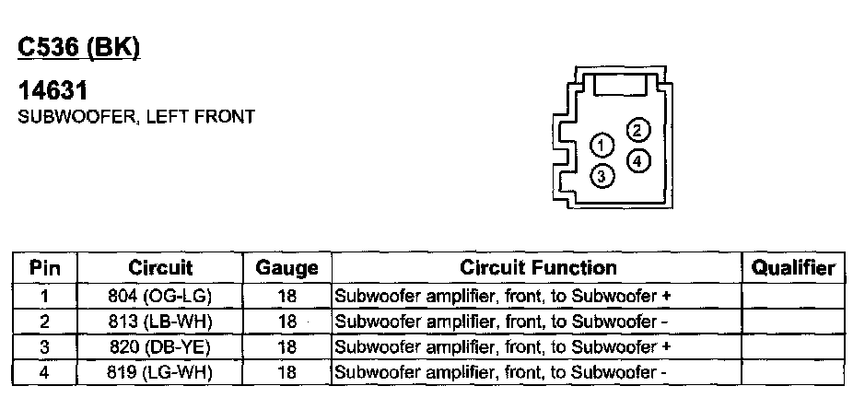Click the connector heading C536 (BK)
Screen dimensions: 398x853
point(78,47)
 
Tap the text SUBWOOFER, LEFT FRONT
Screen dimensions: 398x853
point(136,117)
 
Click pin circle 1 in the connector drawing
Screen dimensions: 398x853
point(602,146)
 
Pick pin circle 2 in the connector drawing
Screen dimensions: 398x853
point(639,130)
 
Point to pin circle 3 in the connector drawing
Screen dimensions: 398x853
point(602,175)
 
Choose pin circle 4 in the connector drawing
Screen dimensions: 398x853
point(638,160)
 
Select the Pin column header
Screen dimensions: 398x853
point(45,268)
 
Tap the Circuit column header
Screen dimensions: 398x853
point(160,268)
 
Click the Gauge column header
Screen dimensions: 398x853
point(286,268)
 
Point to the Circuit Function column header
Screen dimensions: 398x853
point(538,268)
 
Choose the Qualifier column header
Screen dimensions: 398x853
point(793,268)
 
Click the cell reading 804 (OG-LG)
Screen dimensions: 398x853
point(160,296)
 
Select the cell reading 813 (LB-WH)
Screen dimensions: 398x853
point(160,322)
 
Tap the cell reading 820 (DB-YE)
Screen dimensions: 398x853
point(160,347)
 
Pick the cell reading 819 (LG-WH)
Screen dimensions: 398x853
point(160,372)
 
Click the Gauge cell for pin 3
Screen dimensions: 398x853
point(286,347)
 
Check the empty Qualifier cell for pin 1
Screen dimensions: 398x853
point(793,296)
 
